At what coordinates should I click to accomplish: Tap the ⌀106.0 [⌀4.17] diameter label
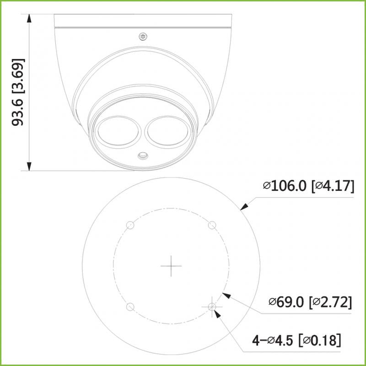coord(308,186)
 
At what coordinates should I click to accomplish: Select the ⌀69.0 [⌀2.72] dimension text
coord(310,302)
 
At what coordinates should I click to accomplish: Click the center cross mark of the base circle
coord(171,266)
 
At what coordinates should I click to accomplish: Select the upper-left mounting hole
coord(129,225)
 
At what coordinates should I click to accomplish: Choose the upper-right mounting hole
coord(212,225)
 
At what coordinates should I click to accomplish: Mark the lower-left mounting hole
coord(129,307)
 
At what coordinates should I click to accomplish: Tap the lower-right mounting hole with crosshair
coord(212,307)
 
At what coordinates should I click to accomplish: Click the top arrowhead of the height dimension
coord(30,19)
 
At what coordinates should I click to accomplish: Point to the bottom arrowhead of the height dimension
coord(30,166)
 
